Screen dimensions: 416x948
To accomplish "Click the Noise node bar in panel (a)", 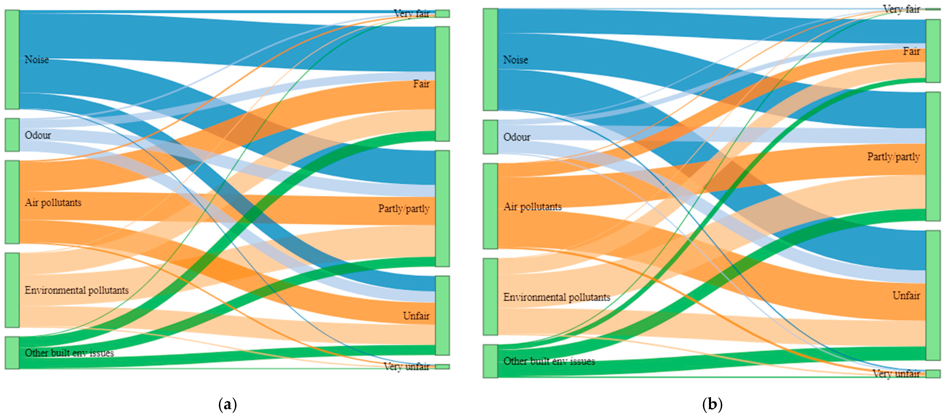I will point(12,60).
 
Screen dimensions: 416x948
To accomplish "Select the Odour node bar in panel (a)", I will point(12,135).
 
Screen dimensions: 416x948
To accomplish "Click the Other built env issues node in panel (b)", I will point(490,361).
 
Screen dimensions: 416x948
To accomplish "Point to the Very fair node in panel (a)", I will point(442,14).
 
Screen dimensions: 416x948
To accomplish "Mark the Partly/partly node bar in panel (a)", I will point(442,208).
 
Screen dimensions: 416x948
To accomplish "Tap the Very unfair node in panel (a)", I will point(442,366).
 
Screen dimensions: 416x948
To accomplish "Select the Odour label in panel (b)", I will point(517,137).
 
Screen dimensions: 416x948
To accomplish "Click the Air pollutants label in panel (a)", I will point(53,202).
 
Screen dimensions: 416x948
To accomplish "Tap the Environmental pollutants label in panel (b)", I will point(556,297).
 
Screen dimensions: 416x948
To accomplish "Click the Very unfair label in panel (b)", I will point(896,374).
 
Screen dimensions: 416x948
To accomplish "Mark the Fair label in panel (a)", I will point(421,84).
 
